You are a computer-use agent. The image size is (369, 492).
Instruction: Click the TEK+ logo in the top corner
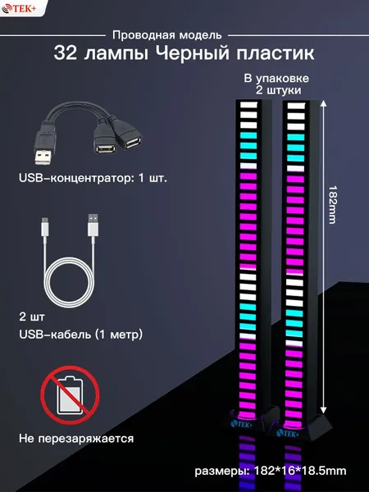(x=19, y=8)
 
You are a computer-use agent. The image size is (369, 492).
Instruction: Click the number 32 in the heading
(x=66, y=53)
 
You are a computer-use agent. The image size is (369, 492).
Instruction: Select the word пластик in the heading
(x=276, y=53)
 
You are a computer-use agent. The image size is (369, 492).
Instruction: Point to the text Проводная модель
(x=167, y=35)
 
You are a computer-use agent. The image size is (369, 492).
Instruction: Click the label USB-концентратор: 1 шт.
(x=93, y=178)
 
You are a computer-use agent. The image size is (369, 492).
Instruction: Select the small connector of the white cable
(x=45, y=227)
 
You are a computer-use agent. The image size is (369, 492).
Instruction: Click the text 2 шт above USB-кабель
(x=32, y=317)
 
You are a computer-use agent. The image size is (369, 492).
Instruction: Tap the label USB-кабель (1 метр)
(x=81, y=335)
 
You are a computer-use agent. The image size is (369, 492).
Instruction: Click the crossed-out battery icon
(x=70, y=395)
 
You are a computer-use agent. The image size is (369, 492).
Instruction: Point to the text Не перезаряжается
(x=76, y=439)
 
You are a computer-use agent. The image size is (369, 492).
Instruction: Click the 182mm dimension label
(x=332, y=204)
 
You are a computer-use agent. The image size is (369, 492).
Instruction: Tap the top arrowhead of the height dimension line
(x=324, y=104)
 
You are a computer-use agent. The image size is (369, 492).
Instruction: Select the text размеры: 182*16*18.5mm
(x=271, y=471)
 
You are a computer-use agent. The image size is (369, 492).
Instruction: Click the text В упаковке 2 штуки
(x=276, y=84)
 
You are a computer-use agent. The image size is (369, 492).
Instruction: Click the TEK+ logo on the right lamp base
(x=288, y=434)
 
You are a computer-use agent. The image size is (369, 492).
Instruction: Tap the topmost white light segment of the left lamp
(x=248, y=105)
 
